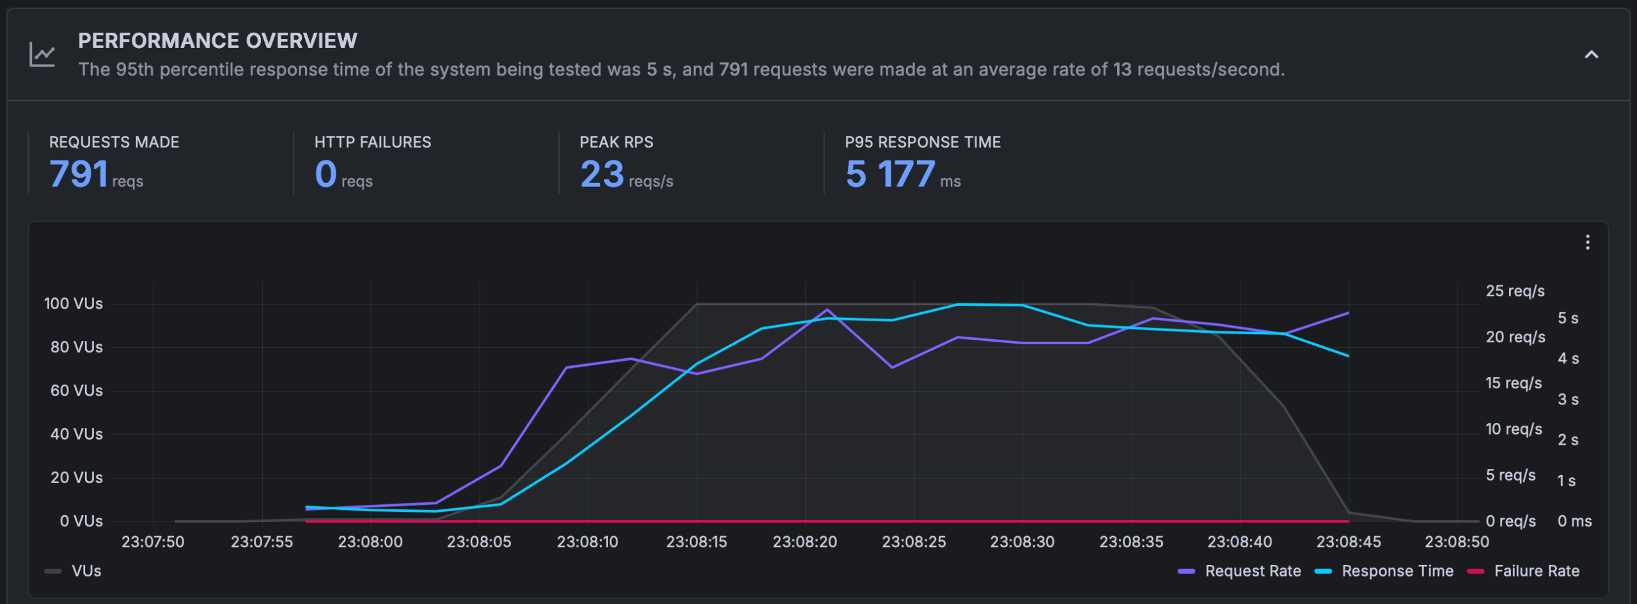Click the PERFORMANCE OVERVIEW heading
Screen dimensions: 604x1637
pyautogui.click(x=217, y=41)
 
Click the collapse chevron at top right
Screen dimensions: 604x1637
pyautogui.click(x=1591, y=55)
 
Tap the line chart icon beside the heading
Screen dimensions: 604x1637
pyautogui.click(x=42, y=55)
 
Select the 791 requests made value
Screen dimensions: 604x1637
pyautogui.click(x=79, y=174)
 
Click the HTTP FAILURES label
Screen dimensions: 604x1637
pyautogui.click(x=373, y=142)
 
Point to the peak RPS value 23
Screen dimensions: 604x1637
pyautogui.click(x=602, y=174)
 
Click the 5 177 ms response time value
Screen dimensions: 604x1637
pyautogui.click(x=890, y=174)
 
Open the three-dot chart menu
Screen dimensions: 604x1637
pyautogui.click(x=1587, y=242)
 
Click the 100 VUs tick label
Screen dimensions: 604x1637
pyautogui.click(x=73, y=303)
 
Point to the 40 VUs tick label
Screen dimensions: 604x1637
pyautogui.click(x=76, y=434)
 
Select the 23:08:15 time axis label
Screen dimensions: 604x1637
pyautogui.click(x=696, y=542)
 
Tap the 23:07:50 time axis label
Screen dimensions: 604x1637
pyautogui.click(x=153, y=542)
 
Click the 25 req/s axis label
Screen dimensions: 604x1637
pyautogui.click(x=1515, y=291)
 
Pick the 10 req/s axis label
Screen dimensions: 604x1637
pyautogui.click(x=1514, y=429)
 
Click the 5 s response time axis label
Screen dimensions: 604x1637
pyautogui.click(x=1568, y=318)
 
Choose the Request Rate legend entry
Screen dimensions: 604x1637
pyautogui.click(x=1252, y=571)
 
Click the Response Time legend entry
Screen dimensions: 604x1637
pyautogui.click(x=1397, y=571)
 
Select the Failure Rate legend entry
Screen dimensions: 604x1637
pyautogui.click(x=1536, y=571)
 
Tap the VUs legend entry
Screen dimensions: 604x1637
pyautogui.click(x=86, y=571)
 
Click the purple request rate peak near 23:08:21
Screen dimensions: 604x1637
pyautogui.click(x=827, y=310)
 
